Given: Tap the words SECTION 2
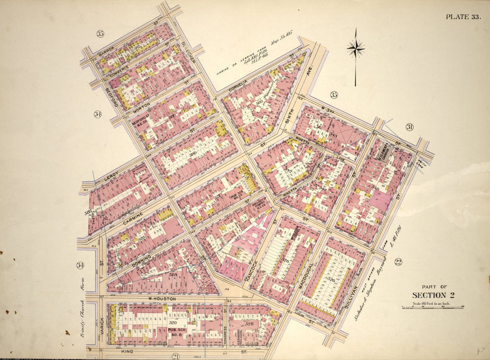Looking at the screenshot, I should click(x=433, y=295).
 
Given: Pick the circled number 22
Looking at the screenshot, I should click(x=398, y=262).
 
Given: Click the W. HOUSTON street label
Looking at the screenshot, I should click(x=163, y=299).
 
